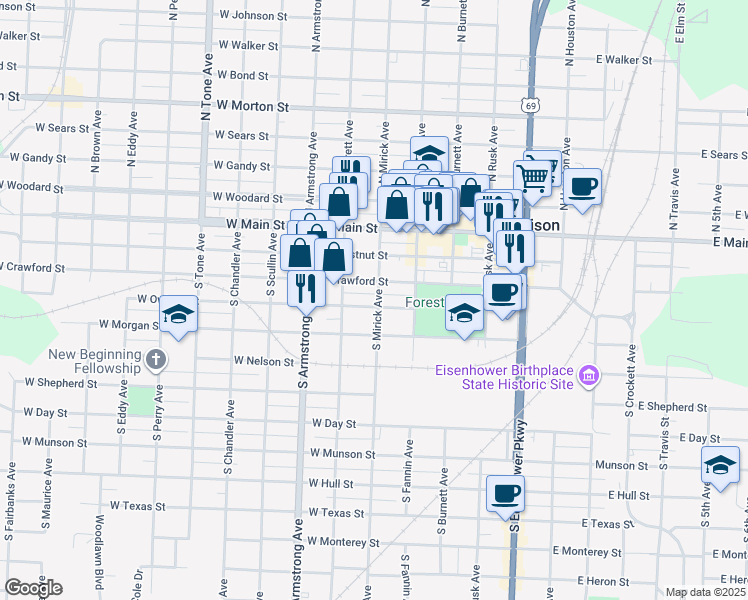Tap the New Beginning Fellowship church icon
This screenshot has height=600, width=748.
tap(155, 359)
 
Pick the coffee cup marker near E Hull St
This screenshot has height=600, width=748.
tap(506, 493)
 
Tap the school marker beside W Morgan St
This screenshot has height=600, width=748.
tap(178, 318)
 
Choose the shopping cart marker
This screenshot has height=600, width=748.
tap(535, 178)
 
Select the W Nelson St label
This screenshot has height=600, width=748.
tap(264, 360)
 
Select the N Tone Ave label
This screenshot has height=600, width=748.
tap(207, 95)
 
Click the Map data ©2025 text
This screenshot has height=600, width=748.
tap(705, 592)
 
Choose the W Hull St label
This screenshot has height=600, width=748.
tap(332, 483)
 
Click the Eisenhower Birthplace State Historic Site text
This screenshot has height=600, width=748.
tap(504, 378)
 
